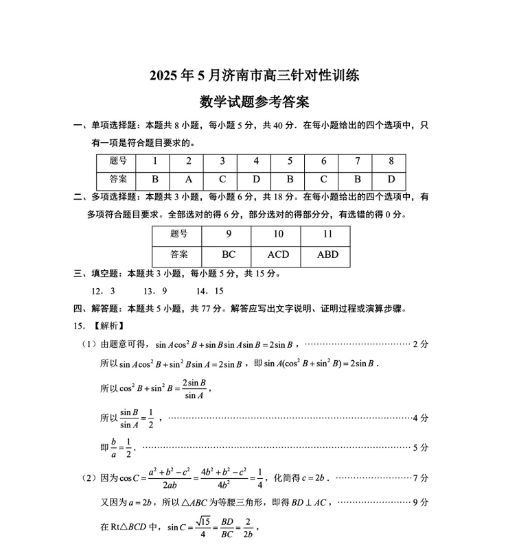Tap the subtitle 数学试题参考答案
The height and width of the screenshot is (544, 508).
[x=254, y=102]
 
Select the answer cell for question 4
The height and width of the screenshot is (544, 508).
[x=256, y=180]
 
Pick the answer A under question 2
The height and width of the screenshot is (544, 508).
[x=189, y=180]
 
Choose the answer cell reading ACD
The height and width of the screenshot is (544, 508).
[x=278, y=255]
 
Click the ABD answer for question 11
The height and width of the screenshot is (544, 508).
[x=328, y=255]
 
